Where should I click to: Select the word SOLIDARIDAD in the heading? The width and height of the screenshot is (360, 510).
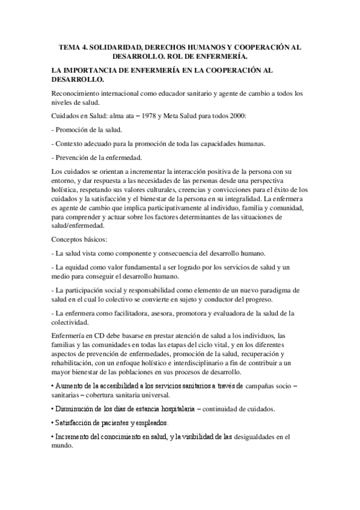pyautogui.click(x=120, y=46)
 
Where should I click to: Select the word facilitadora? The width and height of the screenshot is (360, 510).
pyautogui.click(x=123, y=313)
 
